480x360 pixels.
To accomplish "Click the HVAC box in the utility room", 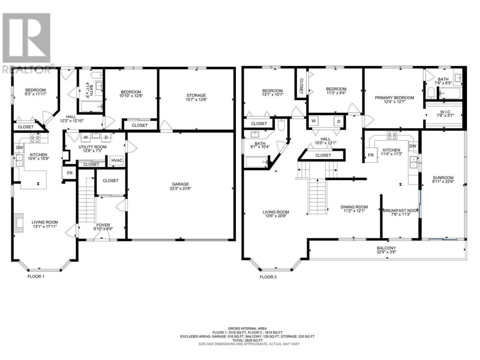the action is [117, 160].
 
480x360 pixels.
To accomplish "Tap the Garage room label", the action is [180, 186].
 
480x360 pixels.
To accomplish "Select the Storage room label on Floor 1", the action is [196, 97].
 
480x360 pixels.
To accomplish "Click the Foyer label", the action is [103, 227].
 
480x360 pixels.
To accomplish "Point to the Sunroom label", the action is [443, 180].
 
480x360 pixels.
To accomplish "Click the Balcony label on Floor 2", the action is [386, 250].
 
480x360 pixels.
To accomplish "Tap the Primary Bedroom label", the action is [394, 99].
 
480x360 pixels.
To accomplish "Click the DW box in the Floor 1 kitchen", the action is [19, 148].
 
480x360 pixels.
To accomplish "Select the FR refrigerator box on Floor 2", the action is [371, 155].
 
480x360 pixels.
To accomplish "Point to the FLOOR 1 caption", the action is [36, 276].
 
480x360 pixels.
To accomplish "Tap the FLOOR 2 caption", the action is [268, 277].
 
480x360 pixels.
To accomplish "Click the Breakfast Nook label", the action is [400, 212].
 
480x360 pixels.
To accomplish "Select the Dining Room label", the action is [354, 209].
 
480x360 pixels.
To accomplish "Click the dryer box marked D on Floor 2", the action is [339, 121].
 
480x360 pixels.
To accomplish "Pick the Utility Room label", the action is [93, 149].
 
